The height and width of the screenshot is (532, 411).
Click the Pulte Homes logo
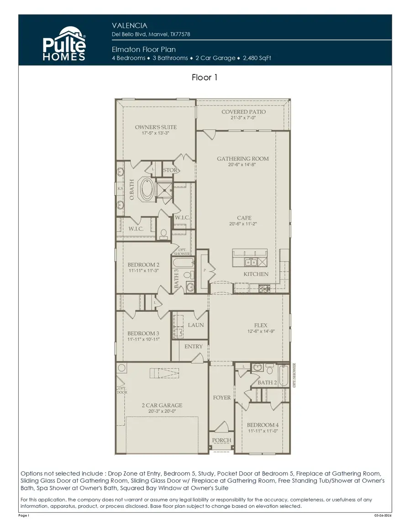[64, 43]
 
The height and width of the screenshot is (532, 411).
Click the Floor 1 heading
[205, 78]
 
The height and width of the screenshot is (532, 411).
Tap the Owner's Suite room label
[156, 127]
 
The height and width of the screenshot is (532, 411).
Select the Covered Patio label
[243, 112]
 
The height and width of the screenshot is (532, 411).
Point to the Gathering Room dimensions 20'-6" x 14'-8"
[242, 165]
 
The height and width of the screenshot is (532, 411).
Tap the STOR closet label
[170, 170]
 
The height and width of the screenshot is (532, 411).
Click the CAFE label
[244, 218]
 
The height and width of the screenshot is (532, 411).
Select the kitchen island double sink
[250, 262]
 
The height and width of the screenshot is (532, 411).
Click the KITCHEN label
[256, 274]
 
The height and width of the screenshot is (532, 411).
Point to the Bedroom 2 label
[143, 265]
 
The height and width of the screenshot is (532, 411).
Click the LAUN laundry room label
[196, 325]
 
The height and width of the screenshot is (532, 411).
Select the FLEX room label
[261, 326]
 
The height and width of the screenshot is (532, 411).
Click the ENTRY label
[193, 347]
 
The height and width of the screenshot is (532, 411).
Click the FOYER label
[222, 398]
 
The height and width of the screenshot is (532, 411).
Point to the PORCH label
[222, 440]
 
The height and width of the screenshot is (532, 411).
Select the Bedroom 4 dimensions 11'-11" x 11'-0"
[263, 431]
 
